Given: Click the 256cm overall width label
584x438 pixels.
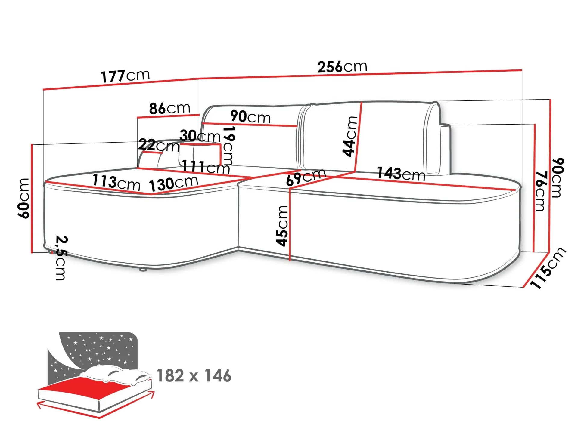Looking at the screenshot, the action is click(342, 67).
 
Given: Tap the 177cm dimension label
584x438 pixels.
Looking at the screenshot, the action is click(125, 76).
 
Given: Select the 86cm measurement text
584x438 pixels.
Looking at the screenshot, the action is click(170, 108).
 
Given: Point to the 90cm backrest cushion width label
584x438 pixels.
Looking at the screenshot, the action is click(250, 117).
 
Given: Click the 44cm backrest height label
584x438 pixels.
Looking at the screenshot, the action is click(350, 136).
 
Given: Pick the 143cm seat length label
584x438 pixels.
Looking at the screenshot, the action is click(401, 174).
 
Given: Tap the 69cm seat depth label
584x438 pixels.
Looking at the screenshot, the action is click(306, 177).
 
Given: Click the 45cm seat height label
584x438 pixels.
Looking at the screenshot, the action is click(282, 226).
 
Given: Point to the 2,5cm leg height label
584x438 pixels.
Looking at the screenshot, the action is click(61, 258).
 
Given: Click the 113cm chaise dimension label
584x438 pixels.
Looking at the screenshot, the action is click(116, 182).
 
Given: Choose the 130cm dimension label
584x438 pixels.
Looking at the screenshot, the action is click(174, 183).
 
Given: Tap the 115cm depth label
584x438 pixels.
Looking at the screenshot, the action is click(548, 268).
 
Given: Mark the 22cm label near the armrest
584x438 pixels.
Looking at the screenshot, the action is click(159, 146).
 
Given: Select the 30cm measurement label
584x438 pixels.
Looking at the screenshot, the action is click(200, 136).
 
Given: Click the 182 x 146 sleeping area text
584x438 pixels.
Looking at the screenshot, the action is click(194, 376).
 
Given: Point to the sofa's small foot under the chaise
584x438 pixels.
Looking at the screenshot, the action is click(142, 270).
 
